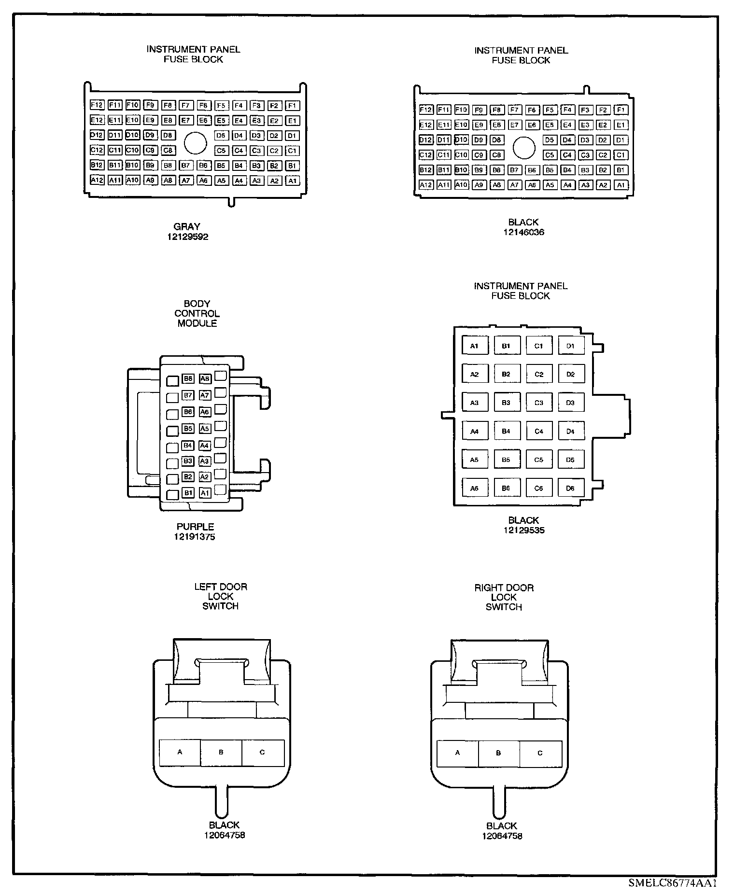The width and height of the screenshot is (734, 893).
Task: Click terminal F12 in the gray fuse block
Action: tap(97, 105)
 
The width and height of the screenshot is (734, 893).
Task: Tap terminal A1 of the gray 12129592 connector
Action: tap(292, 181)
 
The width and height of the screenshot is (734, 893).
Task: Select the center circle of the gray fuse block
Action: tap(195, 143)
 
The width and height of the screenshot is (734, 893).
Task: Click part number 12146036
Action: tap(523, 232)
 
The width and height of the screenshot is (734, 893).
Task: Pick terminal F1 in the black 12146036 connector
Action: tap(621, 110)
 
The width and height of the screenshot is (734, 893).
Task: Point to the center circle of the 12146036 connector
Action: tap(523, 147)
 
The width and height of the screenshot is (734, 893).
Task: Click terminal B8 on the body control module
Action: tap(188, 379)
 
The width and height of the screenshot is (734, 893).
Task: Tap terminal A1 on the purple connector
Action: tap(205, 493)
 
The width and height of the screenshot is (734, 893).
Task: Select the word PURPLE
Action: tap(195, 527)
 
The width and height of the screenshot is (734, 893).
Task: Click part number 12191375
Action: tap(195, 537)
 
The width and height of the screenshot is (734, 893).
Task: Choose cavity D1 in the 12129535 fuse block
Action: tap(570, 346)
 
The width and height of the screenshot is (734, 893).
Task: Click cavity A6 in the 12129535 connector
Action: tap(474, 488)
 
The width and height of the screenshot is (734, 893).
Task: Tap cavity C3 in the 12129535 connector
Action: tap(538, 403)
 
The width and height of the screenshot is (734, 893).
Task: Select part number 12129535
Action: tap(524, 530)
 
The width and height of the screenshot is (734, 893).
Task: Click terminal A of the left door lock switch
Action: tap(180, 752)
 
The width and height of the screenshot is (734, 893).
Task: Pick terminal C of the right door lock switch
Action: tap(540, 753)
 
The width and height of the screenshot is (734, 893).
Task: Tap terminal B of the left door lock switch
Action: tap(221, 752)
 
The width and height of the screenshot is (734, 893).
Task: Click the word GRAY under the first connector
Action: tap(187, 226)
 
